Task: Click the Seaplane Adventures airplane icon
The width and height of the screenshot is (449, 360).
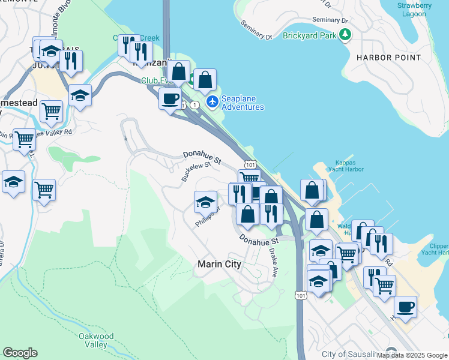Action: click(x=212, y=102)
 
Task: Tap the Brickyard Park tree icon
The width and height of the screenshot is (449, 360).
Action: click(x=345, y=35)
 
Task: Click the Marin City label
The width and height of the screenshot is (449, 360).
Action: click(x=219, y=264)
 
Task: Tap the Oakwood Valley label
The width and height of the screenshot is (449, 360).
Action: click(x=96, y=341)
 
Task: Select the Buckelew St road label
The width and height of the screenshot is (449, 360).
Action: click(x=196, y=171)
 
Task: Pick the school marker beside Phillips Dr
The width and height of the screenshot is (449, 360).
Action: click(x=205, y=203)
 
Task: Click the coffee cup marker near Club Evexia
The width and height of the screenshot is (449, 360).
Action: click(x=170, y=98)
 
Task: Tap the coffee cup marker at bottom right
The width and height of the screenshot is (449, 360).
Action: click(x=405, y=307)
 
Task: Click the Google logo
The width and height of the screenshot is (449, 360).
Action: click(x=20, y=353)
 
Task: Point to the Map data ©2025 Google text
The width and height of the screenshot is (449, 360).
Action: click(x=411, y=355)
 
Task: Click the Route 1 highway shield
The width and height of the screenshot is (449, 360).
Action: click(x=194, y=105)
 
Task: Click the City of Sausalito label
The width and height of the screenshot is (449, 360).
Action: click(x=351, y=354)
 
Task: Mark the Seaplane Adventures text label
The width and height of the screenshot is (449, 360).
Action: click(x=243, y=103)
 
